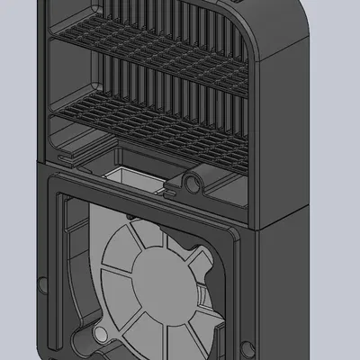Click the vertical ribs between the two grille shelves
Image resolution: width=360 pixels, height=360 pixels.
[153, 85]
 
